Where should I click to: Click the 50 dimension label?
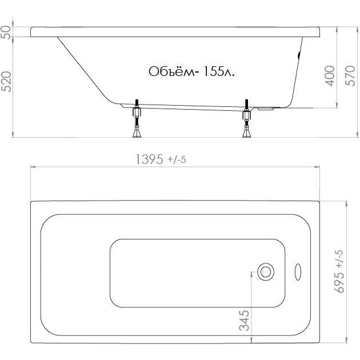pyautogui.click(x=6, y=33)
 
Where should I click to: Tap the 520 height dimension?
pyautogui.click(x=6, y=82)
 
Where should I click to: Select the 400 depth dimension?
pyautogui.click(x=330, y=76)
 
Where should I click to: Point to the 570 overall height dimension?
pyautogui.click(x=350, y=76)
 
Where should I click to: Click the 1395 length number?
pyautogui.click(x=150, y=159)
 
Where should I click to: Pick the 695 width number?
pyautogui.click(x=340, y=282)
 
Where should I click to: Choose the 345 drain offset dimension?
pyautogui.click(x=244, y=321)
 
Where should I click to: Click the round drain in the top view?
pyautogui.click(x=266, y=272)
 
